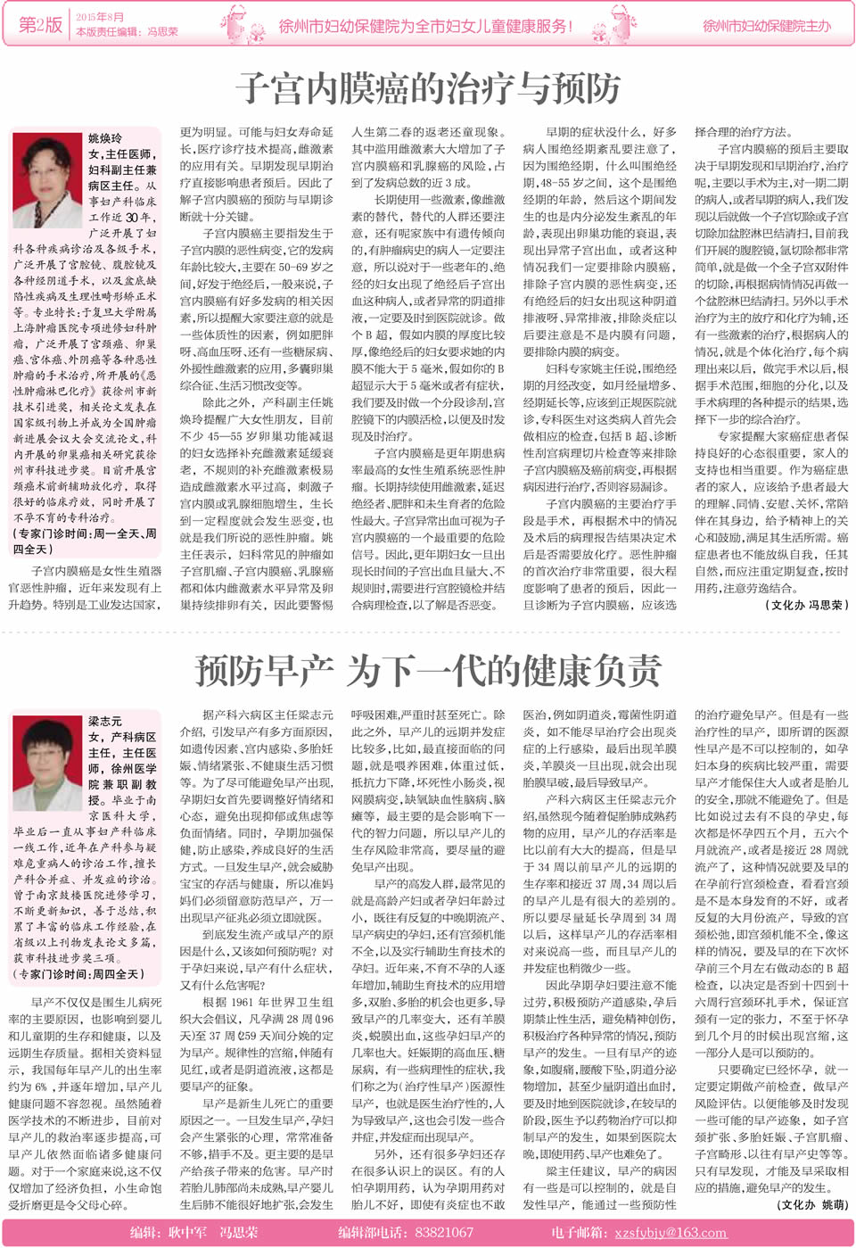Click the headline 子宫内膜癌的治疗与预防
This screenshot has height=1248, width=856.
(x=428, y=88)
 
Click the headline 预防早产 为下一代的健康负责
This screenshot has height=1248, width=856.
(x=428, y=670)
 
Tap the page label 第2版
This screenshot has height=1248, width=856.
(x=41, y=25)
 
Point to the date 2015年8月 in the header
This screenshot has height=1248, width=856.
(x=99, y=17)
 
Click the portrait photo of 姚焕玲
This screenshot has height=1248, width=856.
(x=47, y=179)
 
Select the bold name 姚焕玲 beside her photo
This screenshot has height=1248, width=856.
(x=105, y=138)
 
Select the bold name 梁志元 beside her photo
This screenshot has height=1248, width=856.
(x=105, y=721)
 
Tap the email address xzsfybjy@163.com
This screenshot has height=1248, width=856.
(x=670, y=1232)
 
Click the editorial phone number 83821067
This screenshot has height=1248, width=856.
(x=444, y=1232)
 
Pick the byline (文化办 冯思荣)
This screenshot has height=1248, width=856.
(x=806, y=604)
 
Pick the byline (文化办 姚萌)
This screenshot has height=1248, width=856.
(x=811, y=1203)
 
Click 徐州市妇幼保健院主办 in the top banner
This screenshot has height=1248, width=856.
(x=766, y=26)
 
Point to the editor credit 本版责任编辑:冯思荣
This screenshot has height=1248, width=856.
(x=127, y=31)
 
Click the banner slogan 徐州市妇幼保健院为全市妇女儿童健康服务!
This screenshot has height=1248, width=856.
(x=424, y=26)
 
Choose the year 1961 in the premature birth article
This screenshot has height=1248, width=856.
(x=241, y=1002)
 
